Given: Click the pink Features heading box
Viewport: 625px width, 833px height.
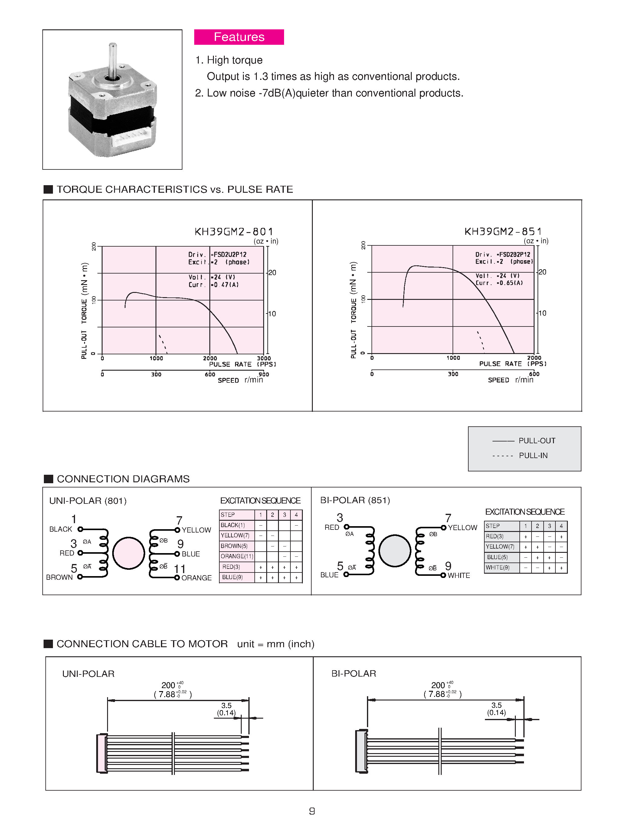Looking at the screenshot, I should click(x=239, y=37).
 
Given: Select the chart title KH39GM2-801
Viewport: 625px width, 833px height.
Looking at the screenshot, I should click(x=234, y=231).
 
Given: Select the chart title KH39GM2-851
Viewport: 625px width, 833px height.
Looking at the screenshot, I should click(x=503, y=231).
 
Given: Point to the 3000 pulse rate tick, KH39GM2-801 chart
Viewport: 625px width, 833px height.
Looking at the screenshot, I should click(x=264, y=358).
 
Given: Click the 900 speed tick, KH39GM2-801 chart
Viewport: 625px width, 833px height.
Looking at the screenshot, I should click(x=264, y=374).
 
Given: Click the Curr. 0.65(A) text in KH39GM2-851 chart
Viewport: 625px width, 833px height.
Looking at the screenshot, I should click(x=499, y=283).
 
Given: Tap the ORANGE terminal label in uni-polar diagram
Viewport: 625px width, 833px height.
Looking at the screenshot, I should click(x=196, y=578).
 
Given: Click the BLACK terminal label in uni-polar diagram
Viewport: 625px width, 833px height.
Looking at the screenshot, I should click(x=61, y=529).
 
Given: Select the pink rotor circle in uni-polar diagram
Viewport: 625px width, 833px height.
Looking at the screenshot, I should click(x=128, y=553).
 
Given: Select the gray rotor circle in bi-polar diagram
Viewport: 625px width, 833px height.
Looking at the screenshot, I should click(x=394, y=551).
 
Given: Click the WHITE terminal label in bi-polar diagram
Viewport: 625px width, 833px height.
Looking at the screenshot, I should click(x=459, y=576).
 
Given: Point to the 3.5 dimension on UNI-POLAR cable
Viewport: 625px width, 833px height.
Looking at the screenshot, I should click(x=226, y=705).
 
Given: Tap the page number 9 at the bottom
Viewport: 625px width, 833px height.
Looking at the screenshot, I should click(x=312, y=811).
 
